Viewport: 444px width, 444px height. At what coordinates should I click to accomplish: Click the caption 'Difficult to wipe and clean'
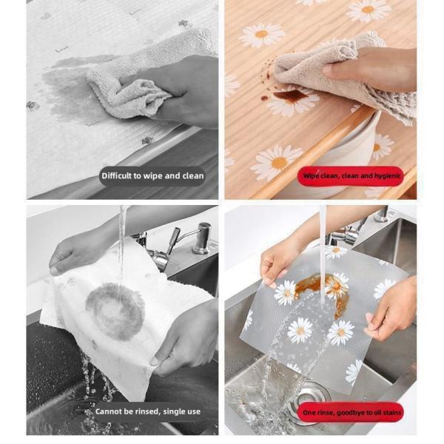coord(152,176)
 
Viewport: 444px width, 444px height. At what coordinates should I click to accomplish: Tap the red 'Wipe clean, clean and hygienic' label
coord(351,176)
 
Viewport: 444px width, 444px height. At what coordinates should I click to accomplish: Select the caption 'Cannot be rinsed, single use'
coord(147,411)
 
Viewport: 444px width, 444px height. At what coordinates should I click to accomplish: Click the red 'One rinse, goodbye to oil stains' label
coord(351,413)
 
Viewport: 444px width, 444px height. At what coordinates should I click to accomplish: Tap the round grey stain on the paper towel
coord(115,311)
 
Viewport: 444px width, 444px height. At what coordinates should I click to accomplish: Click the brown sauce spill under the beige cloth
coord(290,95)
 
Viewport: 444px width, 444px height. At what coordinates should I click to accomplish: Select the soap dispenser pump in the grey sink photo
coord(201,238)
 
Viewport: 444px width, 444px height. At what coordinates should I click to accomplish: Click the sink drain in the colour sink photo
coord(312,397)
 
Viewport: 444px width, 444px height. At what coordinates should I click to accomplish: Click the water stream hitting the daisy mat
coord(322,255)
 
